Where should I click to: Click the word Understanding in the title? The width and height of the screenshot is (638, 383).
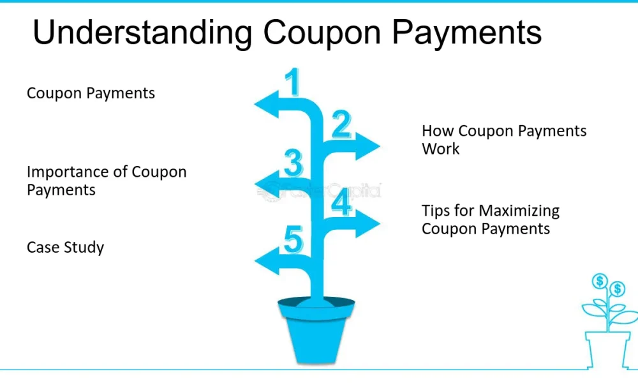click(x=142, y=33)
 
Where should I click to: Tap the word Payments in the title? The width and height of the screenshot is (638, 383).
click(x=467, y=32)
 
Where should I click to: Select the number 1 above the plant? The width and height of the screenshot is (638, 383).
click(x=292, y=82)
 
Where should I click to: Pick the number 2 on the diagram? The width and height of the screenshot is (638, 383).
click(x=341, y=124)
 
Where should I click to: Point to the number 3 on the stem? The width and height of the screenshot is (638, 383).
click(x=293, y=163)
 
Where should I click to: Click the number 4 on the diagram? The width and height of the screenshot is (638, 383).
click(x=341, y=202)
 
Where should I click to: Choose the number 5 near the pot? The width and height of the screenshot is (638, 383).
click(x=293, y=239)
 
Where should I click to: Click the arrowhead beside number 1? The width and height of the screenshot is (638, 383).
click(x=267, y=104)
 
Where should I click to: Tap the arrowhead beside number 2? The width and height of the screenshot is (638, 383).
click(x=367, y=146)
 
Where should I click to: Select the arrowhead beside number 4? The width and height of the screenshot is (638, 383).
click(x=367, y=223)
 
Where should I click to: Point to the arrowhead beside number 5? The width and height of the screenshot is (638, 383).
click(x=267, y=261)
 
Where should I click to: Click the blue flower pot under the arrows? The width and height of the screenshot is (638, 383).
click(x=316, y=329)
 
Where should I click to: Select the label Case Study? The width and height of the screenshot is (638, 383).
click(x=66, y=248)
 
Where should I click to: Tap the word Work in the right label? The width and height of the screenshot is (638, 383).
click(x=441, y=149)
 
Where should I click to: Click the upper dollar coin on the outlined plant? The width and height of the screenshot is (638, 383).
click(x=600, y=281)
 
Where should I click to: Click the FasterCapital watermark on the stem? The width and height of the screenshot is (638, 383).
click(x=320, y=190)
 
